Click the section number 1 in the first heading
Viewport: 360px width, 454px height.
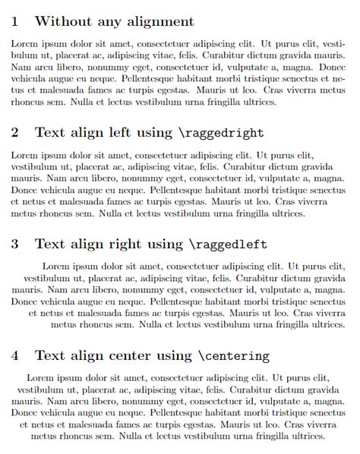pyautogui.click(x=15, y=22)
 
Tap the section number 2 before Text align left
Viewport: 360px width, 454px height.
pyautogui.click(x=15, y=133)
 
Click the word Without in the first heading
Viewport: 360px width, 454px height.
pyautogui.click(x=62, y=22)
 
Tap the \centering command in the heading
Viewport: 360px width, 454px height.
pyautogui.click(x=234, y=355)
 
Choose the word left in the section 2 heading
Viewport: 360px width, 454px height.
pyautogui.click(x=120, y=133)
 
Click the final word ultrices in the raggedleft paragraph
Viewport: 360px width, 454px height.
pyautogui.click(x=327, y=325)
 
